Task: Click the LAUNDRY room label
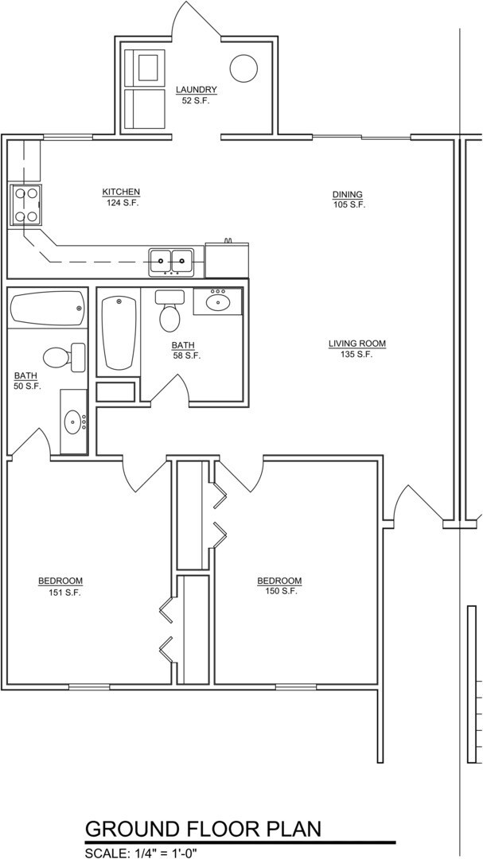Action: pyautogui.click(x=196, y=90)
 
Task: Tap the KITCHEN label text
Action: pyautogui.click(x=121, y=192)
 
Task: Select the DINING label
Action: pyautogui.click(x=348, y=194)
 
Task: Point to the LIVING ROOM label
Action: pyautogui.click(x=356, y=344)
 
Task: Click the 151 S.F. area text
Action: pyautogui.click(x=60, y=592)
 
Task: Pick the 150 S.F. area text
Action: pyautogui.click(x=279, y=591)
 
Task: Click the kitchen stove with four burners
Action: pyautogui.click(x=25, y=204)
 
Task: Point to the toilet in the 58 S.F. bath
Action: pyautogui.click(x=169, y=313)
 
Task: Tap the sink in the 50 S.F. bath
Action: pyautogui.click(x=74, y=421)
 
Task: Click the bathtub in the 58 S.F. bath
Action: pyautogui.click(x=119, y=332)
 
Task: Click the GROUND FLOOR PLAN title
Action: pyautogui.click(x=203, y=829)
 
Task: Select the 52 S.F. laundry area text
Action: pyautogui.click(x=196, y=101)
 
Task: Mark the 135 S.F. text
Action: pyautogui.click(x=356, y=355)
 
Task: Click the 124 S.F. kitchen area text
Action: pyautogui.click(x=121, y=203)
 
